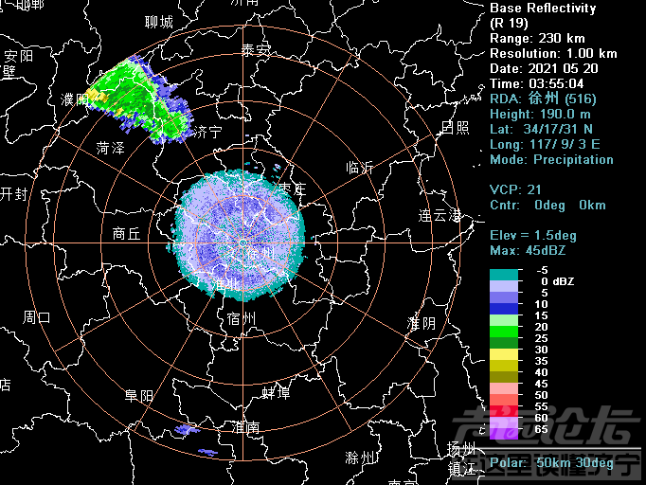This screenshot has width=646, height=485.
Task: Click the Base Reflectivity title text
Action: pos(543,9)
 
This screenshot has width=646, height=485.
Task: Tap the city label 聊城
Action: pos(159,22)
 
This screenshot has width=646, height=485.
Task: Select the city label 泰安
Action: pos(256,49)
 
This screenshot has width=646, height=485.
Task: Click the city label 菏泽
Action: pos(111,149)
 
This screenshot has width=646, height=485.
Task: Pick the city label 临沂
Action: pos(360,167)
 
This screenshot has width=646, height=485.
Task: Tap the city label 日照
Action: pos(455,126)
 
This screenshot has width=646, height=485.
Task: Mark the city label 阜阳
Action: pos(139,396)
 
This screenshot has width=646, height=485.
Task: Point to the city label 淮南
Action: pos(245,427)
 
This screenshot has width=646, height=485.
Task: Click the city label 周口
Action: pos(37,316)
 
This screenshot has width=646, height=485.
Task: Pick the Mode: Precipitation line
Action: pos(551,159)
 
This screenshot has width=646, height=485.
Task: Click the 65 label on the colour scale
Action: pos(542,429)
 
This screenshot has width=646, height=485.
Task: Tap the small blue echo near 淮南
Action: pos(188,431)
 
